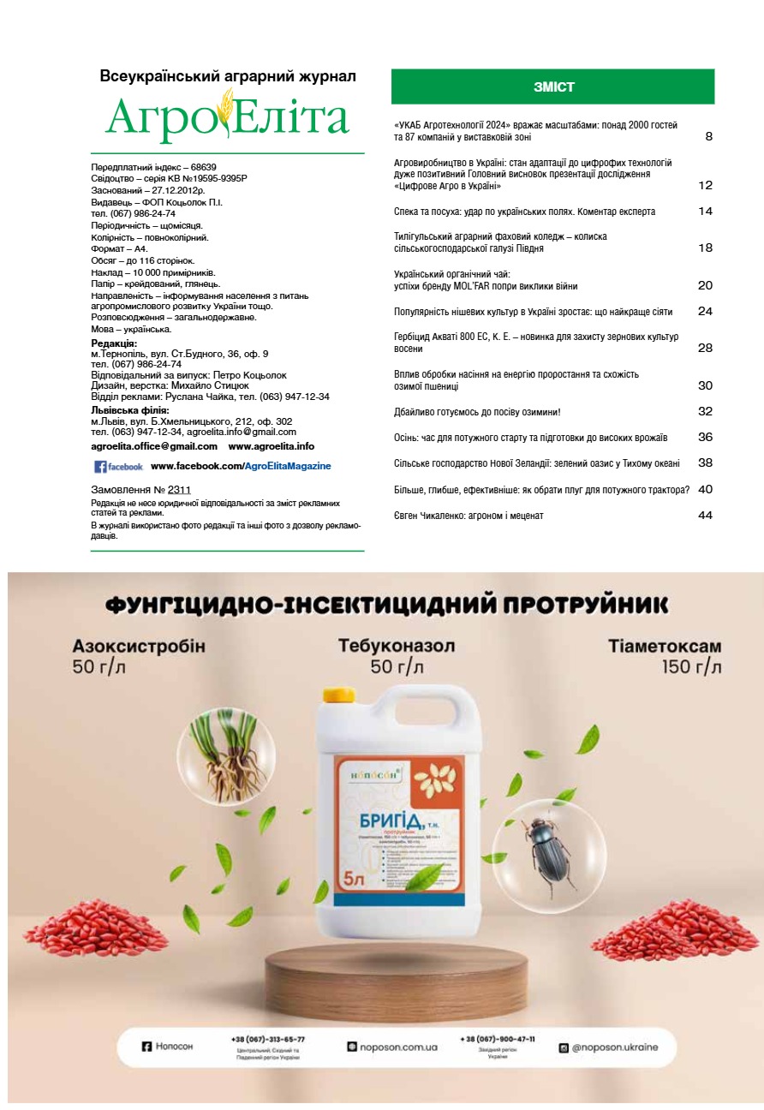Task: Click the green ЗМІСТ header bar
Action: click(x=552, y=87)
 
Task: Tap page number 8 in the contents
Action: click(x=708, y=136)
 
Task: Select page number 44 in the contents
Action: click(x=705, y=516)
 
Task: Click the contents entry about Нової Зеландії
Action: click(x=536, y=463)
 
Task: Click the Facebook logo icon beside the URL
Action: click(x=99, y=467)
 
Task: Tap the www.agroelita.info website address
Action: click(x=272, y=446)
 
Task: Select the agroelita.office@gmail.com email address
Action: click(x=154, y=446)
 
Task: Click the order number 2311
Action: click(x=179, y=489)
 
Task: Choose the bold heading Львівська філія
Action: click(x=130, y=410)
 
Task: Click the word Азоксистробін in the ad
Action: click(x=139, y=646)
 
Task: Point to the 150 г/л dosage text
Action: click(x=691, y=667)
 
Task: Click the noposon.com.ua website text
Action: click(x=399, y=1047)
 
